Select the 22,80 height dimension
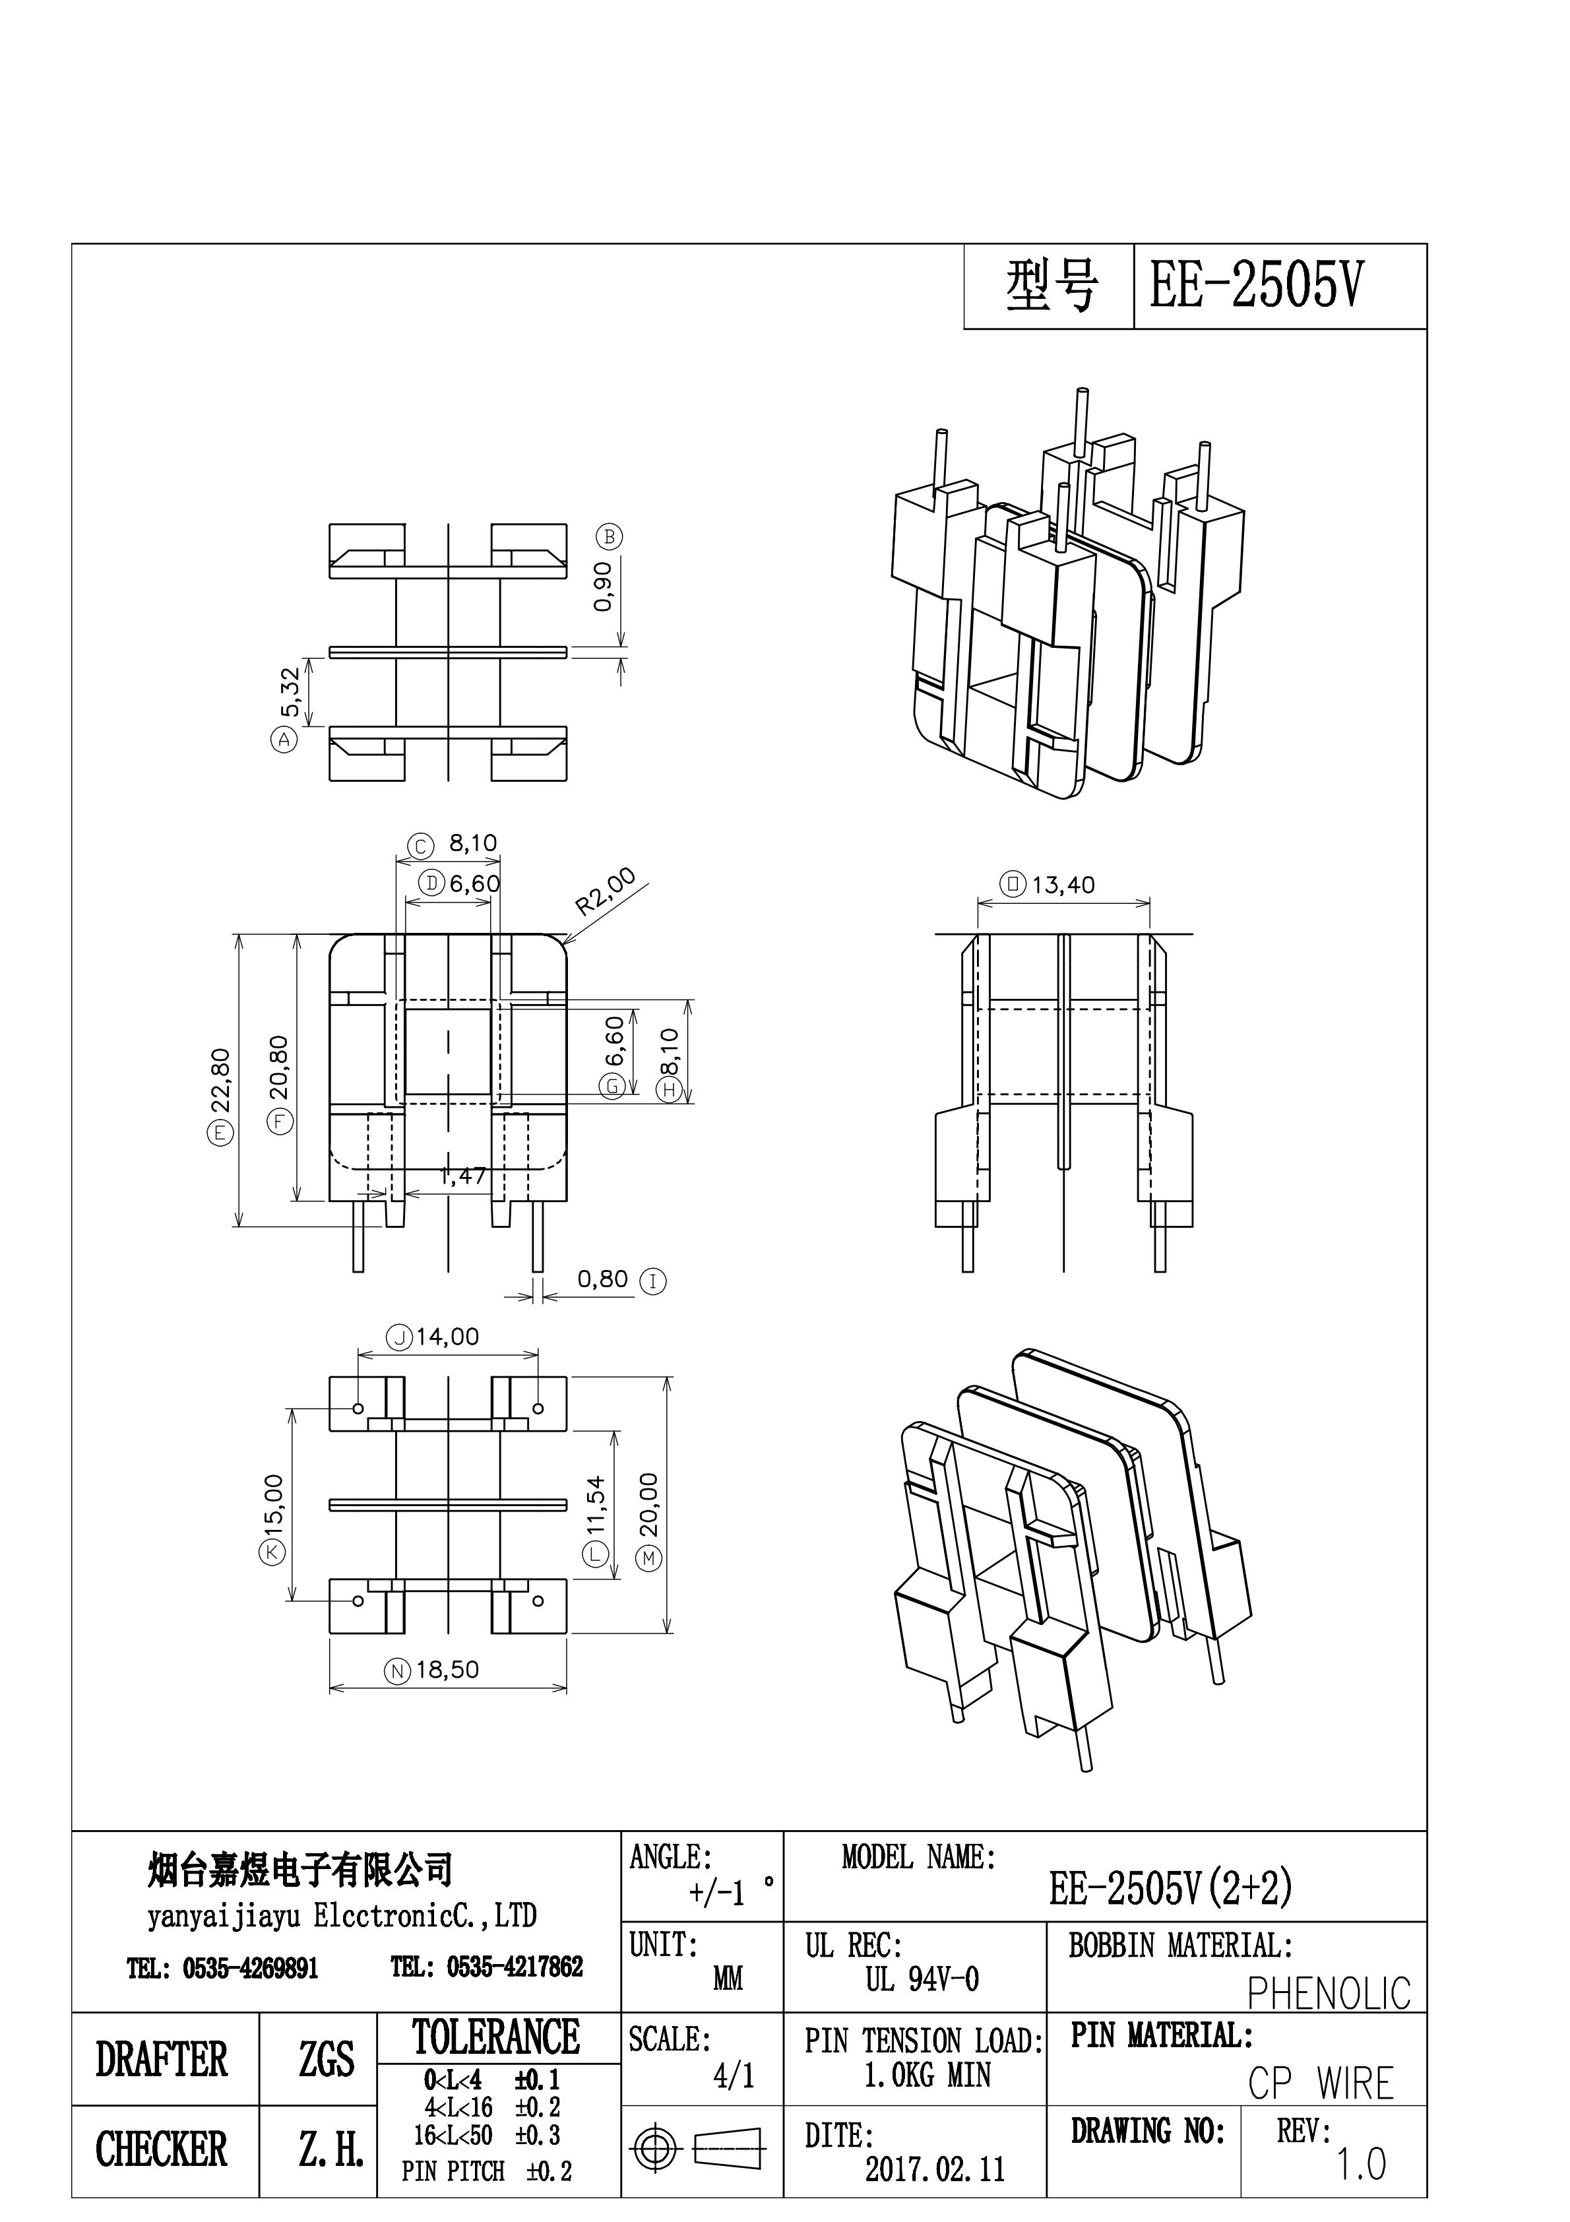[221, 1079]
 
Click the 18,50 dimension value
[447, 1669]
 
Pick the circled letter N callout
[398, 1670]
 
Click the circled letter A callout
[284, 740]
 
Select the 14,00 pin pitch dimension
[447, 1337]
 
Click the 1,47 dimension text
[462, 1176]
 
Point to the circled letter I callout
[653, 1281]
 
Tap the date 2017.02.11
[934, 2170]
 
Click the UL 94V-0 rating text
[922, 1979]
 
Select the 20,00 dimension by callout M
[648, 1505]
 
